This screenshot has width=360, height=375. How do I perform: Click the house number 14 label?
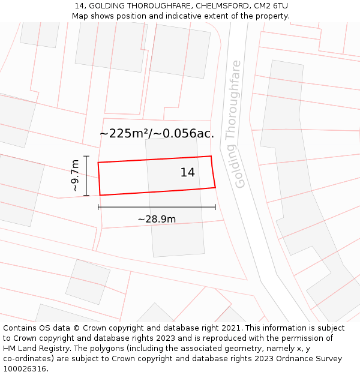(187, 173)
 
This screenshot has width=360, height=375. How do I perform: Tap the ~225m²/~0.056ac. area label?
(157, 134)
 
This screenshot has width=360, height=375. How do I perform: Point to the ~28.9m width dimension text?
(157, 219)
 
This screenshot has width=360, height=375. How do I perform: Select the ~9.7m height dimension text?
(75, 175)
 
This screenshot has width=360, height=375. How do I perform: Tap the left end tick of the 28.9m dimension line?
(98, 207)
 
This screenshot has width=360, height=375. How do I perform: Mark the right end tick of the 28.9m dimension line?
(215, 207)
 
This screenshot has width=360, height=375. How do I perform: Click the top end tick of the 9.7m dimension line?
(86, 156)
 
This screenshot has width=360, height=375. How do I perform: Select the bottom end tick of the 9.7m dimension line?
(86, 196)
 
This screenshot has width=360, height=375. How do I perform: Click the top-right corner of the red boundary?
(211, 157)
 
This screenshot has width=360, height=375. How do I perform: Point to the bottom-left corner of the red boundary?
(100, 195)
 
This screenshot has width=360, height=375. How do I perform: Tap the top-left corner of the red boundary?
(98, 163)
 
